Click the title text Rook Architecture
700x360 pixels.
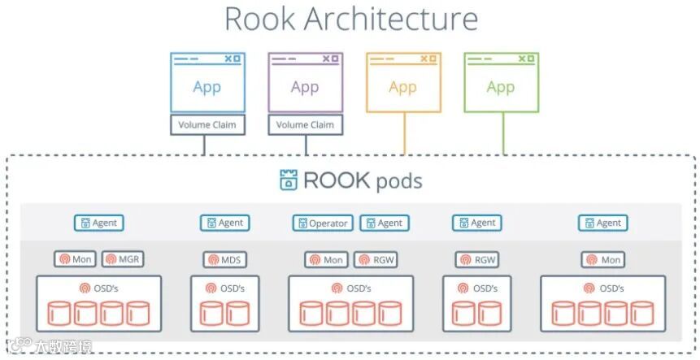pyautogui.click(x=350, y=18)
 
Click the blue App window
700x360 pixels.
pyautogui.click(x=207, y=83)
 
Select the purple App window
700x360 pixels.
pyautogui.click(x=305, y=83)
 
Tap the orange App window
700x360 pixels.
pyautogui.click(x=403, y=83)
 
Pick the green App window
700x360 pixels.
pyautogui.click(x=501, y=83)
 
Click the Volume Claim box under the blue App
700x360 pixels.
pyautogui.click(x=207, y=125)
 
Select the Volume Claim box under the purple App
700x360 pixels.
pyautogui.click(x=305, y=125)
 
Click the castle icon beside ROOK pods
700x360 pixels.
pyautogui.click(x=288, y=180)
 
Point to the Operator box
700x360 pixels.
pyautogui.click(x=323, y=223)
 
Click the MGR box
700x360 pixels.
pyautogui.click(x=124, y=260)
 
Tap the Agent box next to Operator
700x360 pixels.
pyautogui.click(x=385, y=223)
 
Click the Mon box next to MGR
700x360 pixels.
pyautogui.click(x=76, y=260)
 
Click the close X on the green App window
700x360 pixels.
pyautogui.click(x=529, y=59)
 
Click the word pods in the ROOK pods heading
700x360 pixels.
pyautogui.click(x=398, y=180)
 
